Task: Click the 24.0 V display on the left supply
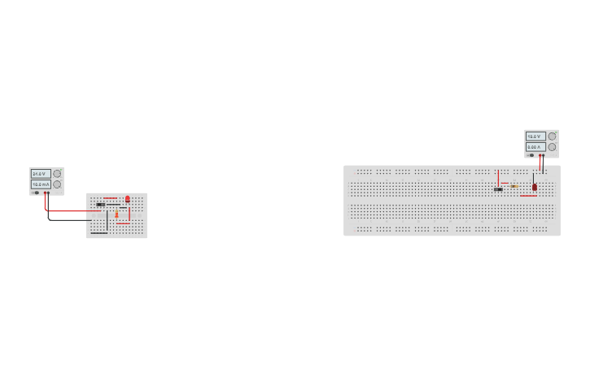[x=41, y=174]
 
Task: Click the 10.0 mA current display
[x=41, y=184]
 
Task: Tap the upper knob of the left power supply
[x=57, y=174]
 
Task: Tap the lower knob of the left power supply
[x=57, y=184]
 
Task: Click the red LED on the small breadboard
[x=127, y=199]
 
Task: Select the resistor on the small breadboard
[x=116, y=214]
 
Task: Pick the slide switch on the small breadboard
[x=101, y=204]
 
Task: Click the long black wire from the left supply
[x=69, y=219]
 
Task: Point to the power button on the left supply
[x=36, y=193]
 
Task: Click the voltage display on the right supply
[x=535, y=136]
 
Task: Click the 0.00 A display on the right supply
[x=535, y=147]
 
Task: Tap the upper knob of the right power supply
[x=552, y=136]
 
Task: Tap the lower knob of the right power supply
[x=552, y=147]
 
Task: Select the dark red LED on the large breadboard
[x=535, y=187]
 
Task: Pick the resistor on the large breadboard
[x=515, y=186]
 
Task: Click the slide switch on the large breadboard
[x=498, y=189]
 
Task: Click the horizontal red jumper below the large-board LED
[x=528, y=196]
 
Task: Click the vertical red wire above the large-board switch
[x=498, y=177]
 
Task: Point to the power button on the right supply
[x=531, y=155]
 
